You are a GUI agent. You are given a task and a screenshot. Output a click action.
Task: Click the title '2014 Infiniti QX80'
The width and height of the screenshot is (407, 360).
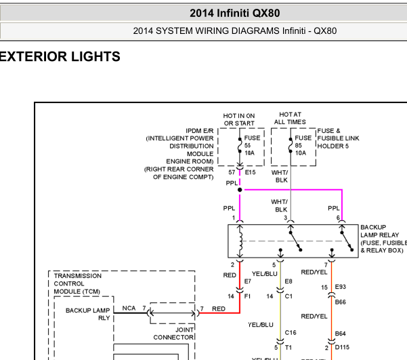234,13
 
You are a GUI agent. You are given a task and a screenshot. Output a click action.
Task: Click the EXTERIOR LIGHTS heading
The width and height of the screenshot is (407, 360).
60,57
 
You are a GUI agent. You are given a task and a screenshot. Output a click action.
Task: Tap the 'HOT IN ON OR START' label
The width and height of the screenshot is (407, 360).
240,119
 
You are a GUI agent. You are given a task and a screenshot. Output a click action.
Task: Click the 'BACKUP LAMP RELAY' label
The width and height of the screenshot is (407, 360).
383,239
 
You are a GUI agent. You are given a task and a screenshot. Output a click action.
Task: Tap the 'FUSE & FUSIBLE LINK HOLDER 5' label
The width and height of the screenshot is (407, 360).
338,138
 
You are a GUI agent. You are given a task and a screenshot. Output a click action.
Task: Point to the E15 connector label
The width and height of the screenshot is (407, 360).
251,173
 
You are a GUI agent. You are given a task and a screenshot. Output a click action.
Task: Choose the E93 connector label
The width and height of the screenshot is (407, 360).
341,287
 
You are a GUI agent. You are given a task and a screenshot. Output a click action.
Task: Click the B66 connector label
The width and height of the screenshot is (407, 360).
340,302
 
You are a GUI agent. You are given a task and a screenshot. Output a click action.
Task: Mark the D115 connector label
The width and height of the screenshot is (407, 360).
343,348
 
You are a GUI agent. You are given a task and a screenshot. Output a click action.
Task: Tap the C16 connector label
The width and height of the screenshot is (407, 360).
291,333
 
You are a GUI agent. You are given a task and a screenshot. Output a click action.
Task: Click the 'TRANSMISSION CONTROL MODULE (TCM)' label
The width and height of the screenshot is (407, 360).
78,283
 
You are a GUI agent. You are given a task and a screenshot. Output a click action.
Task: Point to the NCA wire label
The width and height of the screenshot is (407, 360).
129,308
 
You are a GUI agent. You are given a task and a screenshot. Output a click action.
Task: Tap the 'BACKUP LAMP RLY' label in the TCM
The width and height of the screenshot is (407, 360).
87,314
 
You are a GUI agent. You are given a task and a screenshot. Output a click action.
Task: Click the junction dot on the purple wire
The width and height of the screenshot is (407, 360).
240,190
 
